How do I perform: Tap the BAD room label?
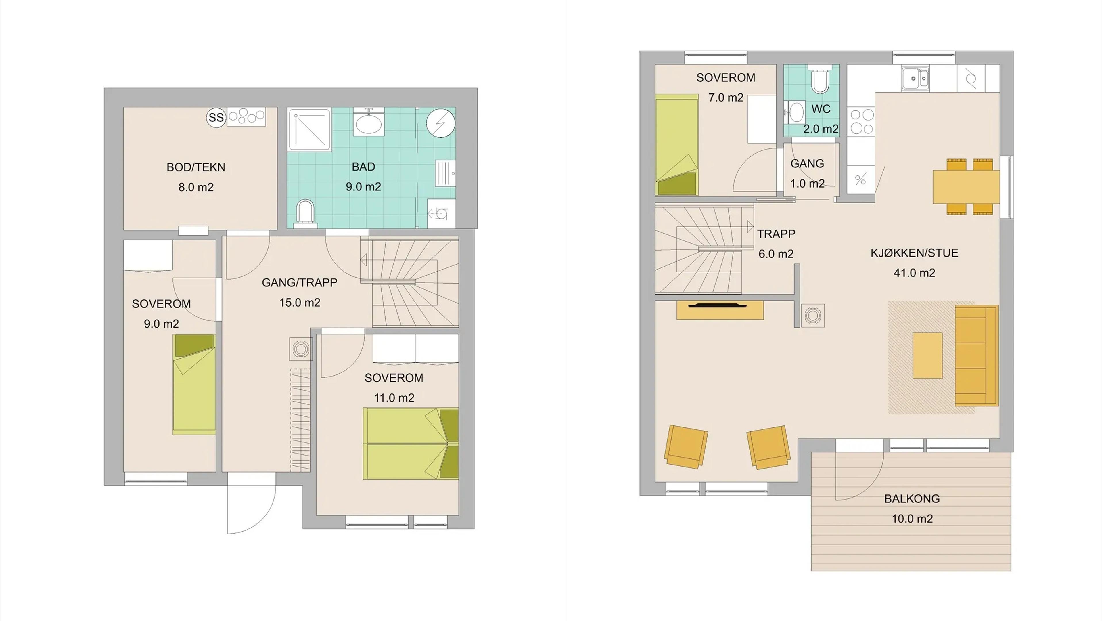[x=363, y=167]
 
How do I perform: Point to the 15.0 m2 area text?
[x=300, y=303]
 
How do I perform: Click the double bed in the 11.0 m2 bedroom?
[x=411, y=444]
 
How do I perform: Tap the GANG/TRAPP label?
[x=300, y=283]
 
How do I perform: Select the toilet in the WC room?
[x=820, y=79]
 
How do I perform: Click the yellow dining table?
[x=966, y=187]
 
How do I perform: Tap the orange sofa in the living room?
[x=977, y=356]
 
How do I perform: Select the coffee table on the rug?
[x=927, y=356]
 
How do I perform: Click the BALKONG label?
[x=912, y=499]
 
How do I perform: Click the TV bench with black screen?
[x=720, y=310]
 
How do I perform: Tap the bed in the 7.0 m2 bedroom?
[x=677, y=145]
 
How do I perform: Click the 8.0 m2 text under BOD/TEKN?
[x=196, y=188]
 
